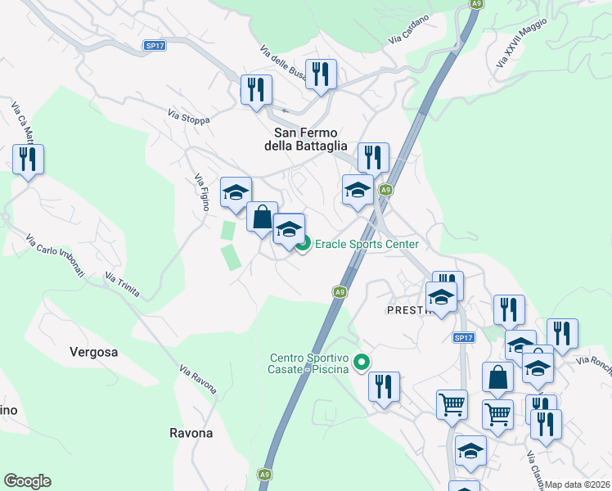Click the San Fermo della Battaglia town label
307,139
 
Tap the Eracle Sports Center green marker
304,244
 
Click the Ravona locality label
191,433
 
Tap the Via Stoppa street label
188,117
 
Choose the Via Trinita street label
122,286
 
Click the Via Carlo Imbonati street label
55,255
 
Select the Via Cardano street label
407,34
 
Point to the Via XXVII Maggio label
521,44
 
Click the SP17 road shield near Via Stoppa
155,46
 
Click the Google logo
27,481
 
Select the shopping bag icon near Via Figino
262,218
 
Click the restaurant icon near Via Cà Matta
29,160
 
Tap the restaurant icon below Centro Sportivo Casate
384,386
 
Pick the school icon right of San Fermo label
358,191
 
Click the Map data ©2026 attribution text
577,484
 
